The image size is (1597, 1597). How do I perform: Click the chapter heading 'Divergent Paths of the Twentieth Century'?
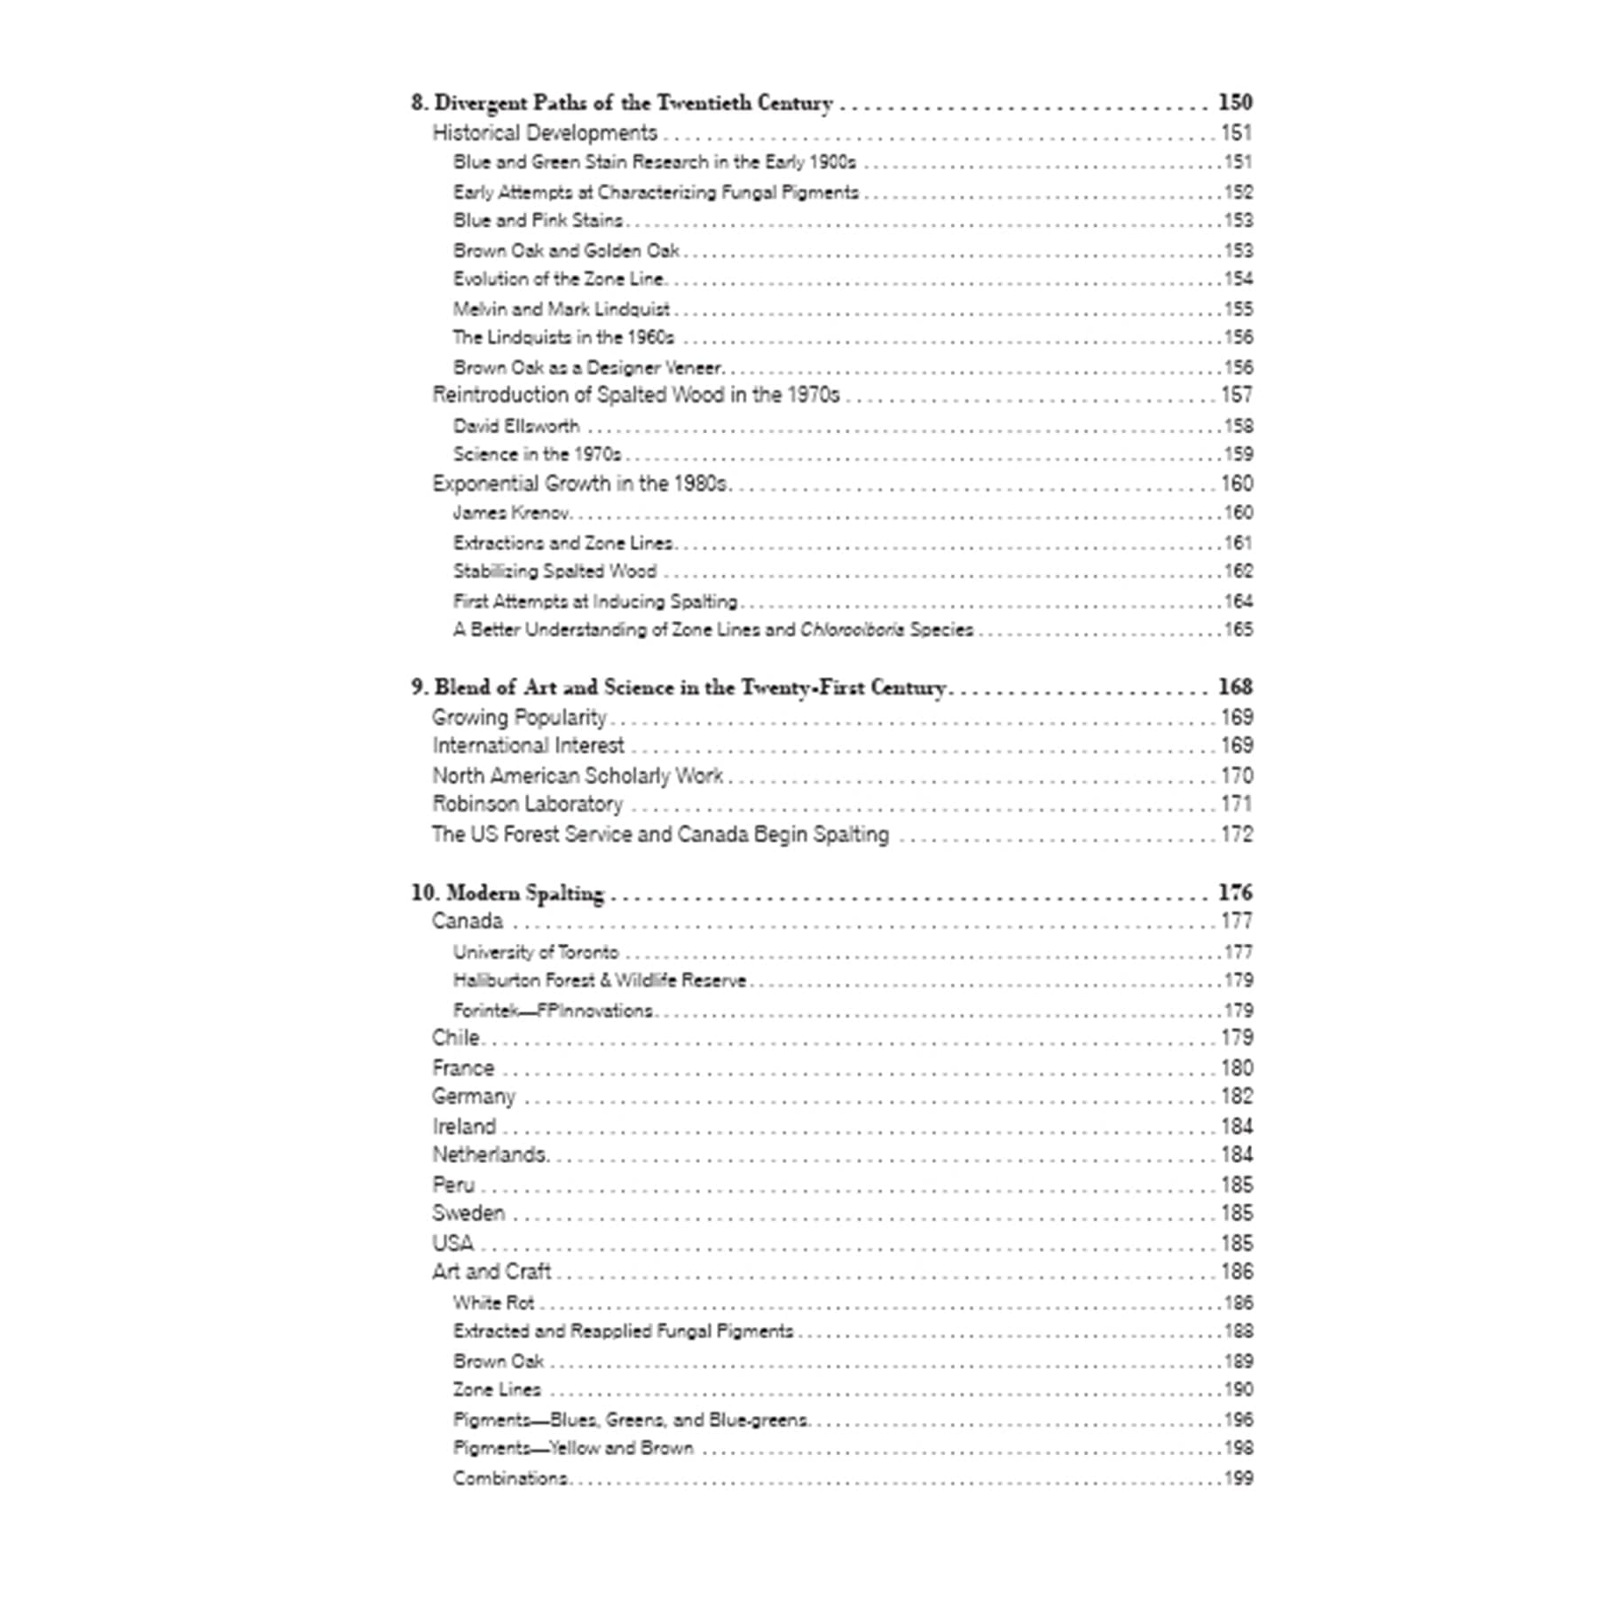tap(633, 103)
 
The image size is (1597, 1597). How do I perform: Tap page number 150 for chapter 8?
tap(1235, 103)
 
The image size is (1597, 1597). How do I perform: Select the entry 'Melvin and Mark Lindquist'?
tap(562, 309)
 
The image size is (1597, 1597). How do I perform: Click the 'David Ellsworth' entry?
tap(516, 426)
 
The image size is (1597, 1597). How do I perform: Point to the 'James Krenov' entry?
tap(511, 513)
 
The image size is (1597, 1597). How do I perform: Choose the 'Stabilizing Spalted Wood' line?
tap(555, 571)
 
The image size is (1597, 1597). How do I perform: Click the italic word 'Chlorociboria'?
tap(852, 630)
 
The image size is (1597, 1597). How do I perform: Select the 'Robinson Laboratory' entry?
tap(528, 804)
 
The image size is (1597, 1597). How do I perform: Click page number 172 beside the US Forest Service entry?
tap(1237, 834)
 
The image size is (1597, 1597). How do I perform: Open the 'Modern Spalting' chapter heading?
tap(524, 893)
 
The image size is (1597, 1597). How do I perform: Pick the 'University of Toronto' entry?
tap(536, 952)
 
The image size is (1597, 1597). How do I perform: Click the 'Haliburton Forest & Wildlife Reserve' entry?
tap(600, 980)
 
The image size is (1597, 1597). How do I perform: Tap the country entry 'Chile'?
tap(456, 1038)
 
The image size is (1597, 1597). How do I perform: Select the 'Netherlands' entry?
tap(490, 1154)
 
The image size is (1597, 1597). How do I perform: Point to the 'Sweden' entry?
tap(468, 1213)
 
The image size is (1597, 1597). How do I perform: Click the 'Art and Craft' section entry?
tap(492, 1271)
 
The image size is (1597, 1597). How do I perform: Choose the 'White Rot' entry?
tap(494, 1302)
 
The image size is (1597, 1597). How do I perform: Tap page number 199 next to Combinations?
tap(1239, 1478)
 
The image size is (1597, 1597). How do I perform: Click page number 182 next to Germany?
tap(1237, 1097)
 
